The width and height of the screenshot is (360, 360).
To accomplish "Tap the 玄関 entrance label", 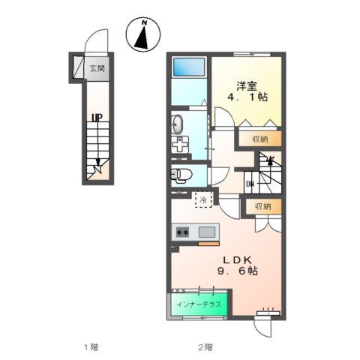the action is pos(97,68).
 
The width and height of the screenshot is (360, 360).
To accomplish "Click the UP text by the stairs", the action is pos(97,117).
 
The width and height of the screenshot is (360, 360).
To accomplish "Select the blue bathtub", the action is pos(189,67).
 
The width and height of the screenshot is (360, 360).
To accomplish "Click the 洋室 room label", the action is pos(247,86).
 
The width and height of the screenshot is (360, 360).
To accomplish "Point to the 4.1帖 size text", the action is pos(247,97).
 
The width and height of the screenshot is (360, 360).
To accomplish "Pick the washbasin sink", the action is pos(177,124).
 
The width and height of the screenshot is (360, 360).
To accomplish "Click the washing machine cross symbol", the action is pos(180,145).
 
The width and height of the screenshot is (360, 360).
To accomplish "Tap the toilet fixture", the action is pos(181,175).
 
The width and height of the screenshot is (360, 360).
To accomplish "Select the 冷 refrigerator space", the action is pos(203,199).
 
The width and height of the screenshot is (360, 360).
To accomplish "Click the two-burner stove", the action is pos(182,232).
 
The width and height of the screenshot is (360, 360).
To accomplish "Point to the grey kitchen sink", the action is pos(207,232).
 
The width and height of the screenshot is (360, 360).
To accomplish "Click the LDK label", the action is pos(237,260).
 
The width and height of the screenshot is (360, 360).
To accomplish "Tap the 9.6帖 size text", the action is pos(238,271).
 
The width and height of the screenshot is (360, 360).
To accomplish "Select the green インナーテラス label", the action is pos(199,304).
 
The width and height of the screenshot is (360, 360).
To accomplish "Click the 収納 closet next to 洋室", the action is pos(260,139).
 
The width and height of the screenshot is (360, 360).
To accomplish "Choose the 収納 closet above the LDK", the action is pos(263,206).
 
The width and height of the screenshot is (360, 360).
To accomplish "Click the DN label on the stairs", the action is pos(250,184).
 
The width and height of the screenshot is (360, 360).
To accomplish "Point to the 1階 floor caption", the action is pos(91,347).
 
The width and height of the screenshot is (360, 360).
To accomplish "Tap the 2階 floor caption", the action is pos(205,347).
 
